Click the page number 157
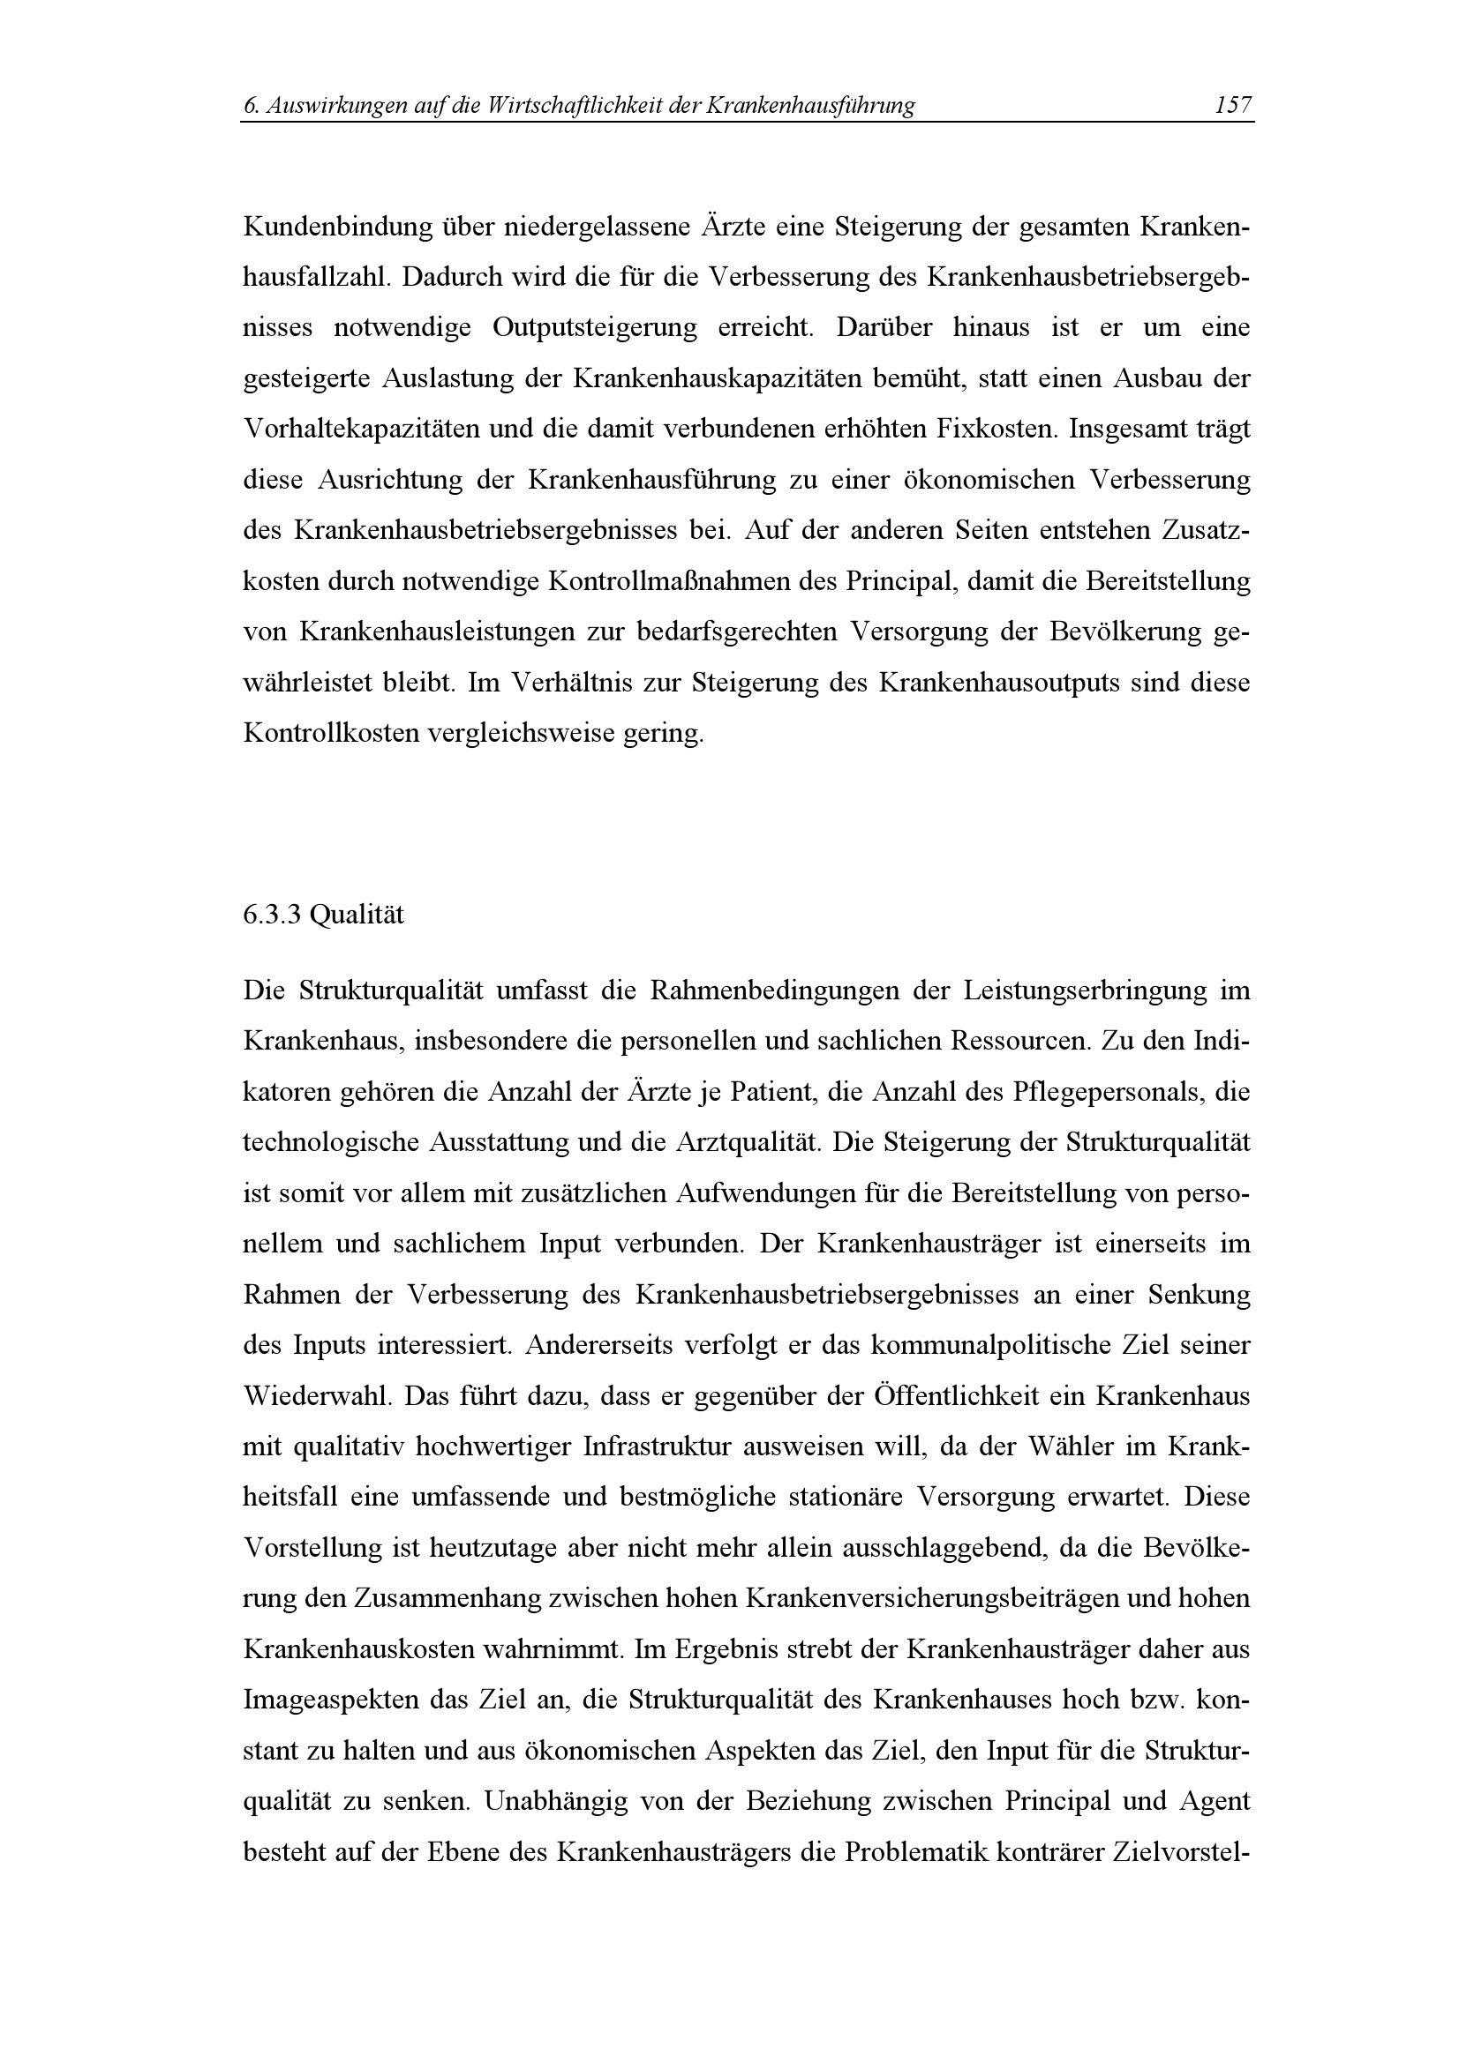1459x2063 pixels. click(x=1231, y=106)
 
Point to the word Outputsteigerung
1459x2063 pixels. click(x=594, y=328)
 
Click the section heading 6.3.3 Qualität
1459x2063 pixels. click(x=324, y=916)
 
